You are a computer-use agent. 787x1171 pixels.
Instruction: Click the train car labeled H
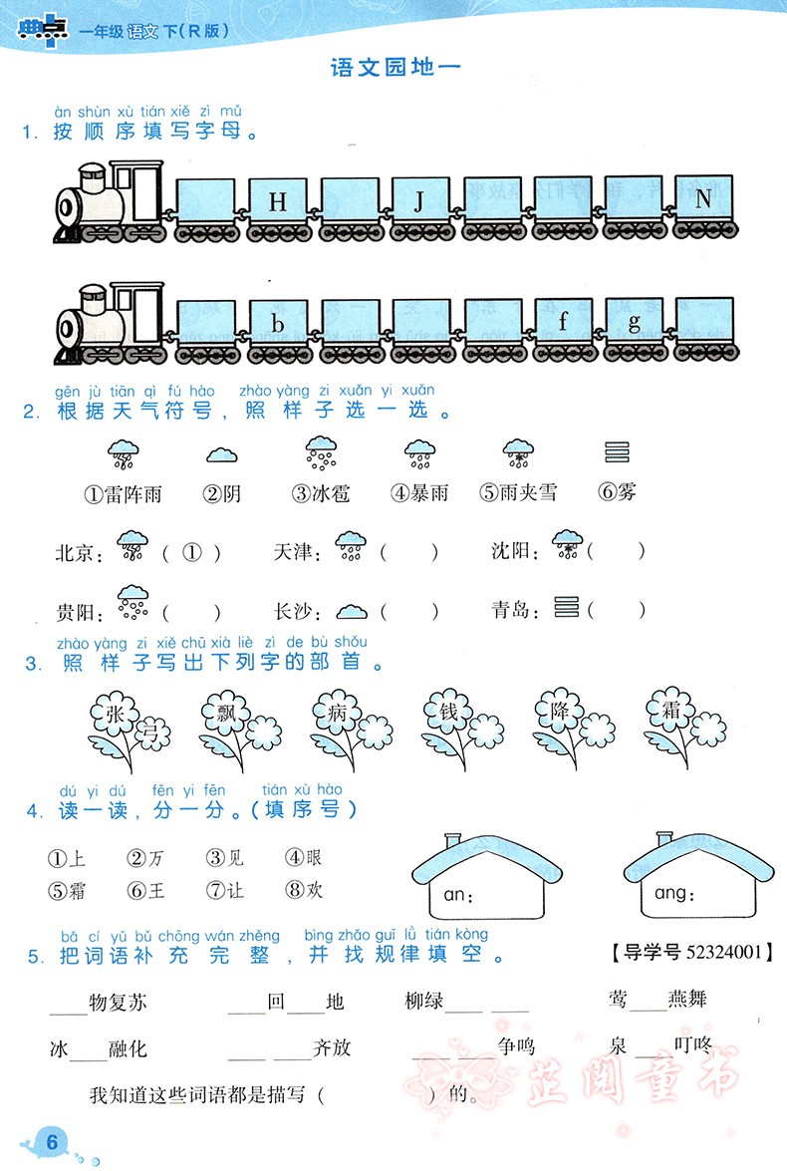tap(278, 203)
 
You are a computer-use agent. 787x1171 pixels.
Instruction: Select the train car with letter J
tap(419, 203)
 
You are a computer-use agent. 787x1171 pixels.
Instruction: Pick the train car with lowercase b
tap(278, 324)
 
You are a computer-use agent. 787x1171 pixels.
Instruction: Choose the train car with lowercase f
tap(563, 322)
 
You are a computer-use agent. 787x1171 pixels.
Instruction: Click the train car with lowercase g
tap(634, 322)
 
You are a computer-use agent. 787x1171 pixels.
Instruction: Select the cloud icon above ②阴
tap(221, 455)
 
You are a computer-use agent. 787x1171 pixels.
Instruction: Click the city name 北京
tap(78, 552)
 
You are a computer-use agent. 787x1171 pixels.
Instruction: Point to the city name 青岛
tap(514, 609)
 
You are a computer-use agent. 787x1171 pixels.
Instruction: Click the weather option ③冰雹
tap(321, 492)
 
